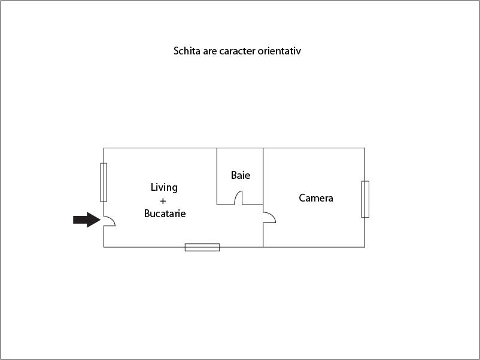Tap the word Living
(x=164, y=187)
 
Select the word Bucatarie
(x=165, y=213)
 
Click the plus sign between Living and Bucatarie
(x=163, y=200)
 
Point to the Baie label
(x=241, y=175)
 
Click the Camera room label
(x=316, y=198)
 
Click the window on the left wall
(x=104, y=182)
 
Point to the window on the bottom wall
(x=202, y=247)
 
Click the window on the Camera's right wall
(x=365, y=199)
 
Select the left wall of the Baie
(x=217, y=176)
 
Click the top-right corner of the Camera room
(x=364, y=148)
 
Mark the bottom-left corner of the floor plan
(x=104, y=246)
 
